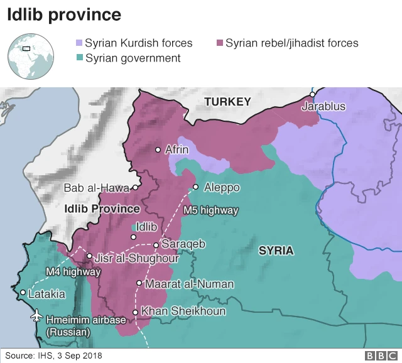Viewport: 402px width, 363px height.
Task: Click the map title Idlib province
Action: [x=64, y=14]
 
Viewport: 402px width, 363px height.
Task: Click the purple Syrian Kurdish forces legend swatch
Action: [x=79, y=43]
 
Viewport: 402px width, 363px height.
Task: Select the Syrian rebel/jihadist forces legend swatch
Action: [x=219, y=43]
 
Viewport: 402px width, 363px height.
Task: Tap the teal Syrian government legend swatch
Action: [x=79, y=58]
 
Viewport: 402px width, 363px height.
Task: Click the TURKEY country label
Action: [x=227, y=102]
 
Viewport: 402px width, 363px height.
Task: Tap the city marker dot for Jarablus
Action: [x=313, y=95]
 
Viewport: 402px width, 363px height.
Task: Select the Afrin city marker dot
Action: [x=158, y=149]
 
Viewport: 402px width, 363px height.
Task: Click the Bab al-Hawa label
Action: [x=96, y=188]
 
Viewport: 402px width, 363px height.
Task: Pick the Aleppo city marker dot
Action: [x=196, y=187]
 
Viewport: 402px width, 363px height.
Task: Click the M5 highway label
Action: [x=210, y=210]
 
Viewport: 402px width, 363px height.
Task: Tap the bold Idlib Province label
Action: [x=102, y=209]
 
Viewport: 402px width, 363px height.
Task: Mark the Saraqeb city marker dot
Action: [x=155, y=244]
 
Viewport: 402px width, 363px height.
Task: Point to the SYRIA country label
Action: [x=276, y=251]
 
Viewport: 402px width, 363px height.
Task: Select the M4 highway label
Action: [x=73, y=272]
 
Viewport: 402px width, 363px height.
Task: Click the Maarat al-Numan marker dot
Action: [x=139, y=283]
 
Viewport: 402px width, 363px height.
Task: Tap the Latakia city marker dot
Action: [x=23, y=293]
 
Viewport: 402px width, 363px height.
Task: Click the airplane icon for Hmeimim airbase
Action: [x=36, y=315]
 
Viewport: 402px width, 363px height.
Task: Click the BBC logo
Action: [x=379, y=356]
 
